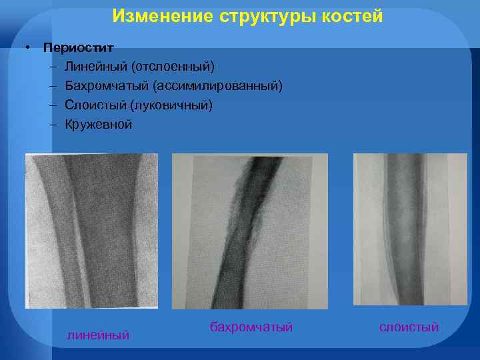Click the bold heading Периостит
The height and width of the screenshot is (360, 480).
pos(78,48)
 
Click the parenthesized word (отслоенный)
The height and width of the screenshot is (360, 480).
pos(173,67)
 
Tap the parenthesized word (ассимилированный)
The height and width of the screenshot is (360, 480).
pos(218,86)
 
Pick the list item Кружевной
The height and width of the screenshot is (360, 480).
pos(99,125)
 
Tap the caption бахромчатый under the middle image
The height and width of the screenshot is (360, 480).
pos(251,327)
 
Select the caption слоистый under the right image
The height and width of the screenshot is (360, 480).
pos(409,327)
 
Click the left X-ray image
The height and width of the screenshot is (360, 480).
pos(91,231)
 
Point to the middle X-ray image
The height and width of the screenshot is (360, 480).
pos(249,231)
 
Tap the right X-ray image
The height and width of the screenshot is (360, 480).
pos(410,229)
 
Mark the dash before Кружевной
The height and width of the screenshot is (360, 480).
pos(52,125)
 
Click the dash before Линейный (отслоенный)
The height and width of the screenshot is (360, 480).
pos(52,67)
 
